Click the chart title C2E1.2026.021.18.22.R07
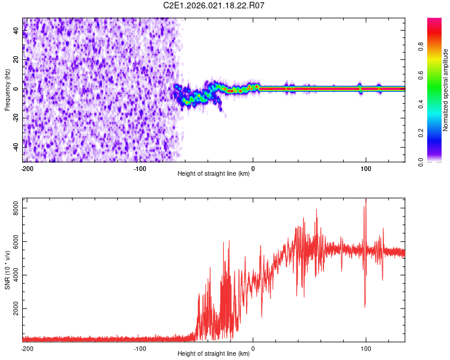click(214, 5)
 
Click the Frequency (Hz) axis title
click(7, 90)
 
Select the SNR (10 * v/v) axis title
click(7, 270)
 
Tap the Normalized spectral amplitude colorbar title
click(446, 90)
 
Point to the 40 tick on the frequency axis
click(16, 31)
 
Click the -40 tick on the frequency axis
click(16, 146)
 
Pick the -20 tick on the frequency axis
click(16, 118)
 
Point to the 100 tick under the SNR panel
click(365, 349)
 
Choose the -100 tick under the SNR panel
click(140, 349)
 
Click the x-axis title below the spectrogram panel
click(214, 174)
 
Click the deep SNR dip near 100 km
click(365, 306)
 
